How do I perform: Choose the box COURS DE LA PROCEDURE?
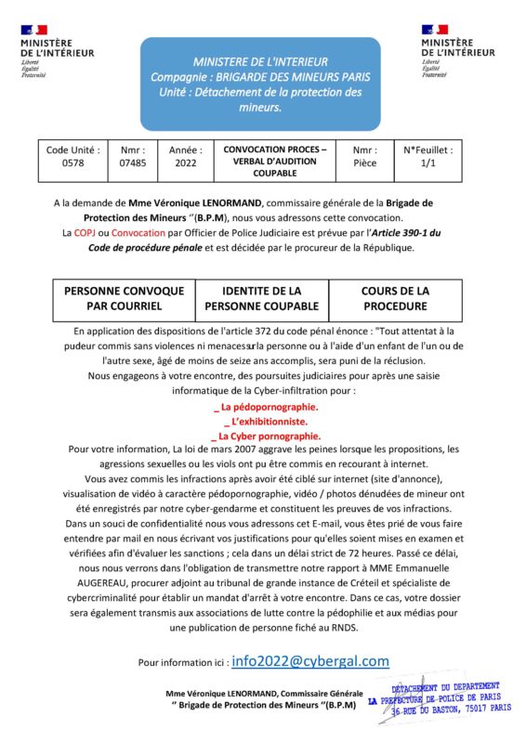(x=395, y=298)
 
